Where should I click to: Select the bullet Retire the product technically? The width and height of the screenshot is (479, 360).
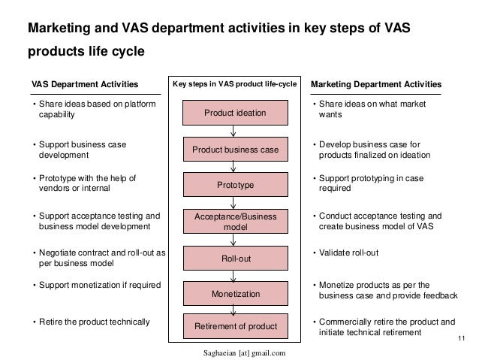pyautogui.click(x=90, y=322)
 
